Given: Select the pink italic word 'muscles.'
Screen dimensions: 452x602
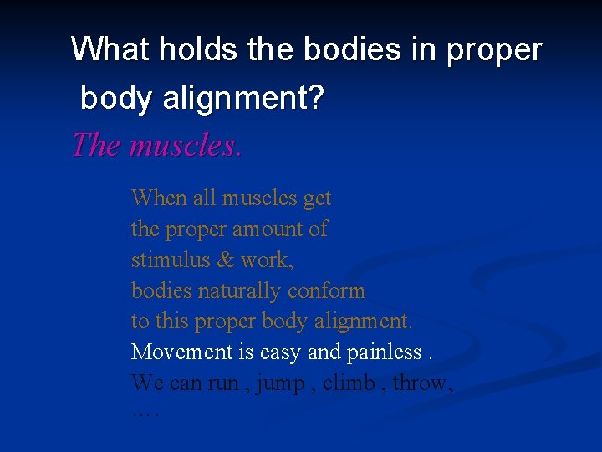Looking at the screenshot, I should click(x=186, y=145).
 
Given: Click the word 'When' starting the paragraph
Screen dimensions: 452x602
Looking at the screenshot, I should click(x=159, y=198).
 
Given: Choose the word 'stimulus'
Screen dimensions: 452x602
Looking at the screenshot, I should click(x=170, y=260).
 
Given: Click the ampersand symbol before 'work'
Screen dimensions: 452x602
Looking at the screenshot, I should click(x=225, y=260).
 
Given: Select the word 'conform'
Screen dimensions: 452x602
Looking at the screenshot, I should click(x=326, y=291).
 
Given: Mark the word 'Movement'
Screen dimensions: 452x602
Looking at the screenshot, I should click(x=181, y=352).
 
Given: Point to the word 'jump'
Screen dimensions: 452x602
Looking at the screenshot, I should click(x=281, y=384).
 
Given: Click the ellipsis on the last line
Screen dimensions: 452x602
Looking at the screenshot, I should click(x=145, y=413).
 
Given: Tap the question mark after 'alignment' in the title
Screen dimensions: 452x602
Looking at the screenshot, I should click(x=314, y=100).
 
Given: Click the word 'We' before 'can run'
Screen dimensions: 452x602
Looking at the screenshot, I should click(x=147, y=383).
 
